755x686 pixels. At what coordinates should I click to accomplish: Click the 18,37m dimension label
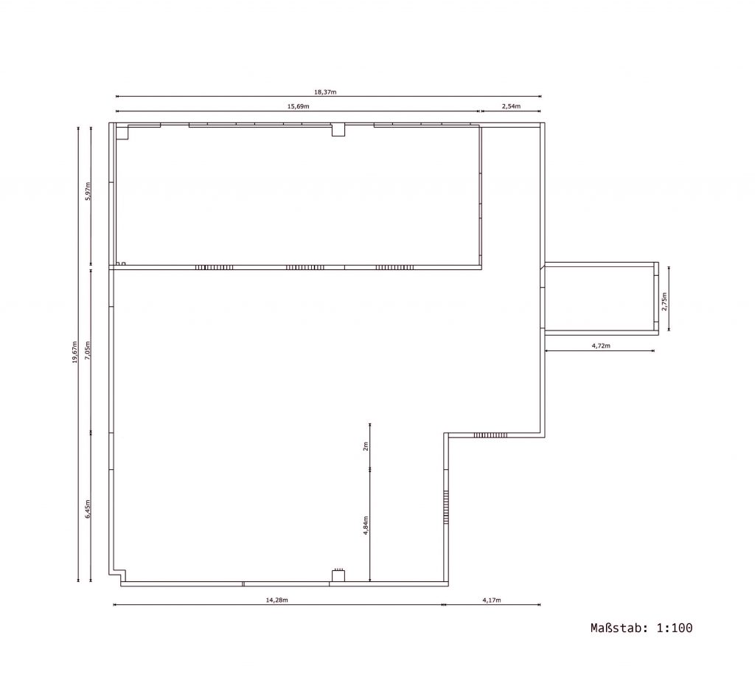coord(325,92)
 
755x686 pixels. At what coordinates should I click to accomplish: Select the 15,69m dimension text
coord(298,106)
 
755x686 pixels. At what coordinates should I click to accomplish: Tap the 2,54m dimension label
coord(511,106)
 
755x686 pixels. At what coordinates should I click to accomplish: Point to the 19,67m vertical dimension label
coord(74,352)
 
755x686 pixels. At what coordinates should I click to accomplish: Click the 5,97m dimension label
coord(88,191)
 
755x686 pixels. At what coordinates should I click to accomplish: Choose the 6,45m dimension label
coord(88,509)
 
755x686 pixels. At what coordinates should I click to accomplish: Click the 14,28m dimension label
coord(277,600)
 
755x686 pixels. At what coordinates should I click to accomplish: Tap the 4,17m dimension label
coord(492,600)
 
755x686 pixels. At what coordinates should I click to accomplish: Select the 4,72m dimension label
coord(601,346)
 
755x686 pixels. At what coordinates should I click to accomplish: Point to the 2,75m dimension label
coord(665,302)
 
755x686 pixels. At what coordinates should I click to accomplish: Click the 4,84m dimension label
coord(366,526)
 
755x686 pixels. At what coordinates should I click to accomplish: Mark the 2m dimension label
coord(366,446)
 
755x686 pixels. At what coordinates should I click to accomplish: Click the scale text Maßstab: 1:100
coord(641,628)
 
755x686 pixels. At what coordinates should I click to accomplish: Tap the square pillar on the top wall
coord(338,130)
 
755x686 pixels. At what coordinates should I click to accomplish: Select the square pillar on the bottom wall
coord(338,576)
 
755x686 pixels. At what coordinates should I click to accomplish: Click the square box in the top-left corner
coord(122,133)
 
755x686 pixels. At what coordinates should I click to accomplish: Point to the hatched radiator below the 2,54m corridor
coord(490,435)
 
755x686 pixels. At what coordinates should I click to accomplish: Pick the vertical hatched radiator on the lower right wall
coord(446,507)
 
